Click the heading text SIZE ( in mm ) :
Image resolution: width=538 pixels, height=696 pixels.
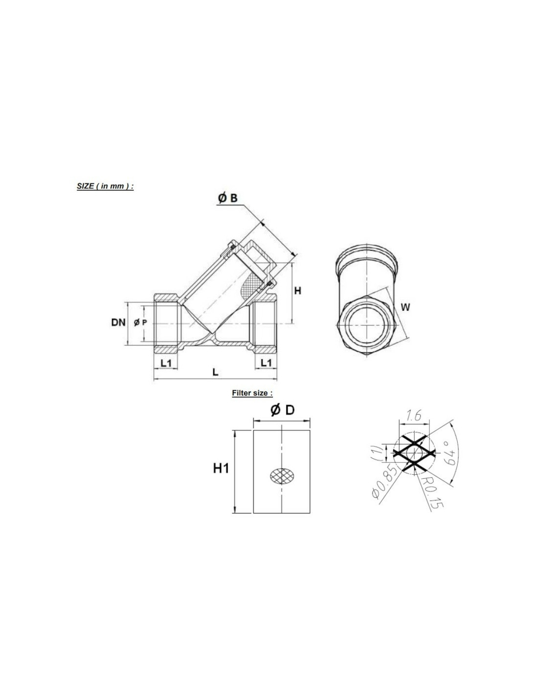coord(105,186)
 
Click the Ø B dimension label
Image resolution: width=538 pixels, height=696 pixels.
coord(228,198)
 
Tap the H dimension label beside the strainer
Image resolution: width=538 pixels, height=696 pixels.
coord(298,291)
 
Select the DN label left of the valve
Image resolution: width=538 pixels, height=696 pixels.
coord(118,322)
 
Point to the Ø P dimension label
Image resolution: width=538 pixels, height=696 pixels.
coord(140,323)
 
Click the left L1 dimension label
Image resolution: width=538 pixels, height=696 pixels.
coord(166,363)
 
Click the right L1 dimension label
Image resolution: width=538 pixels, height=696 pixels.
coord(266,363)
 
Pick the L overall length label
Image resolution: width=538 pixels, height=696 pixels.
coord(216,372)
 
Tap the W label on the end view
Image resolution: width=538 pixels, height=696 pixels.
coord(405,307)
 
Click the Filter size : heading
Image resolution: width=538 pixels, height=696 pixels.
coord(252,393)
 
